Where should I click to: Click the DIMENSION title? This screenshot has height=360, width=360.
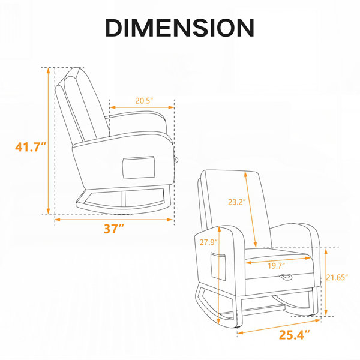tap(180, 28)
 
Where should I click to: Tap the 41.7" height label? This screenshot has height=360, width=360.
tap(31, 147)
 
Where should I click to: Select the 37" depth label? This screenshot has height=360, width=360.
tap(114, 229)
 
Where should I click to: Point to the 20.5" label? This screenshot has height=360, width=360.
tap(144, 101)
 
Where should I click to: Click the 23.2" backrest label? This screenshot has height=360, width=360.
tap(237, 202)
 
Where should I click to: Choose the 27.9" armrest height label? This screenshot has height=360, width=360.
tap(208, 242)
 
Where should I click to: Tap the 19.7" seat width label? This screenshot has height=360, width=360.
tap(277, 266)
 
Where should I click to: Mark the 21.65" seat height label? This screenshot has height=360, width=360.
tap(337, 278)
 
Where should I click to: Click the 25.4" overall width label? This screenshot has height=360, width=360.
tap(295, 335)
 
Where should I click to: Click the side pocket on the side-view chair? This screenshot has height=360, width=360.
tap(139, 167)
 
